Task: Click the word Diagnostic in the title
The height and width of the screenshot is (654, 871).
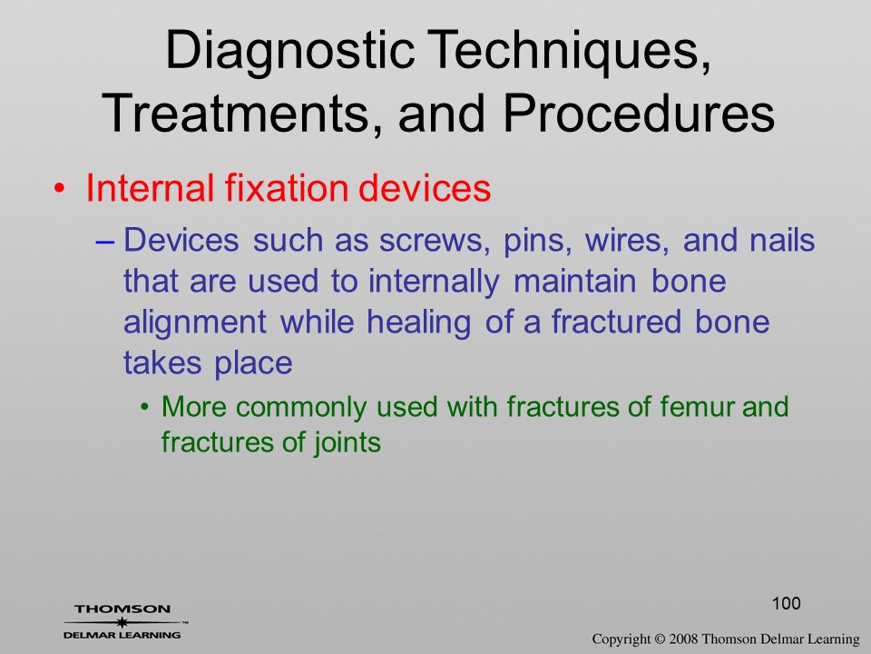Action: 290,51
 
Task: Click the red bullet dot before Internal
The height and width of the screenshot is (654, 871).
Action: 60,189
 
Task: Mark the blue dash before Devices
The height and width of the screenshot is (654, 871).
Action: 104,242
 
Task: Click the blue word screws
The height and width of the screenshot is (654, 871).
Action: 435,240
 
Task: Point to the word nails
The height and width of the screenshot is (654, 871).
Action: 782,240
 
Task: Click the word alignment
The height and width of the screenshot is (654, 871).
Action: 195,322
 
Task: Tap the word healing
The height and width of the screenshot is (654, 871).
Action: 419,322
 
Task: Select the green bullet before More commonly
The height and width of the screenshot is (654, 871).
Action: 145,408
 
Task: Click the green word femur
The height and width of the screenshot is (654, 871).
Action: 697,407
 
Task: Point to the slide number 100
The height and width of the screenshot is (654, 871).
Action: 787,603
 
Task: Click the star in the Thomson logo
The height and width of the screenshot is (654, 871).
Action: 121,622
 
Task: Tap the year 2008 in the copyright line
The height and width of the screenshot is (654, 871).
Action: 683,639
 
